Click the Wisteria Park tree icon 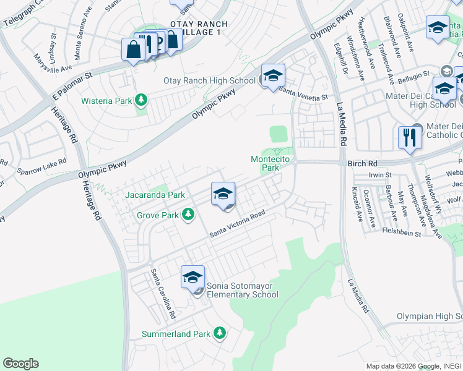coord(142,99)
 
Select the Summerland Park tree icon coord(219,334)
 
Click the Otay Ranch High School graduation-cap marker coord(273,76)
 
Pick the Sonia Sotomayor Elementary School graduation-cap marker coord(193,278)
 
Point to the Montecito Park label coord(270,163)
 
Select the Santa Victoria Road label coord(237,226)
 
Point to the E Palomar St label coord(72,85)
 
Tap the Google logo coord(20,364)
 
